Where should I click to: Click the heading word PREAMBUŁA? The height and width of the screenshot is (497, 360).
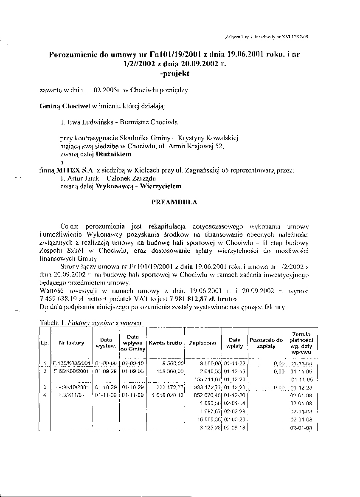(x=174, y=202)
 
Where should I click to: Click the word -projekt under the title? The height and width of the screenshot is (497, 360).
(x=173, y=73)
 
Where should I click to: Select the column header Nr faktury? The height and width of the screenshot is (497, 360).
(x=72, y=343)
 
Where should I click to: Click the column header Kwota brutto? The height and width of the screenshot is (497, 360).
(x=166, y=343)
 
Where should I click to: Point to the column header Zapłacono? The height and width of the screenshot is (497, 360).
(x=202, y=343)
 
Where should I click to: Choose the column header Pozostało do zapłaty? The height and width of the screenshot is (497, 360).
(x=266, y=343)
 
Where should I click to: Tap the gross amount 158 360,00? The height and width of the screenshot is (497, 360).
(x=169, y=371)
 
